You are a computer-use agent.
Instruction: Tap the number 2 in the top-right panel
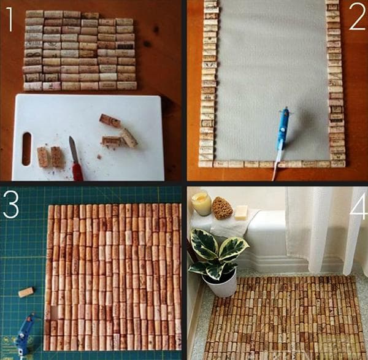pos(356,20)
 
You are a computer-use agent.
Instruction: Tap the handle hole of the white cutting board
pos(26,148)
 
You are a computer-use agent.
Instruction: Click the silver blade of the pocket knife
pos(73,149)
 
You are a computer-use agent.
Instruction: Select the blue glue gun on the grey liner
pos(282,130)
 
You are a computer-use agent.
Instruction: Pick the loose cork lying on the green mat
pos(26,292)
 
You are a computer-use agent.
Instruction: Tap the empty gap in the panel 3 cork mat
pos(53,313)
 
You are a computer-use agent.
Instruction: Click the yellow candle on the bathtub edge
pos(201,204)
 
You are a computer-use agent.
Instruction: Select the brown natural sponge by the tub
pos(222,209)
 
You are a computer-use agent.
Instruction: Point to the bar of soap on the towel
pos(241,212)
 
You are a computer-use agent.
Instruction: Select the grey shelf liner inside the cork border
pos(273,74)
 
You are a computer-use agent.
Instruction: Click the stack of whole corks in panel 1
pos(80,50)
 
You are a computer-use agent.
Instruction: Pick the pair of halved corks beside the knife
pos(50,157)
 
